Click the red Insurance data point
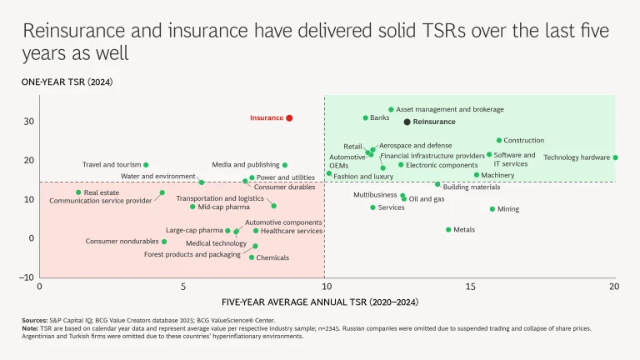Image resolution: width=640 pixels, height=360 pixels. point(289,118)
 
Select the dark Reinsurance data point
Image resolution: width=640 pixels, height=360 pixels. point(407,122)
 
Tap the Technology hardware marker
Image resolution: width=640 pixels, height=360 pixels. point(616,157)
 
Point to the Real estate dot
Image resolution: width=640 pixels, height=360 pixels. point(78,192)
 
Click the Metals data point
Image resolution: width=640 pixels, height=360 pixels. point(448,229)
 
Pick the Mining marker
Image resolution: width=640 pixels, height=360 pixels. point(492,209)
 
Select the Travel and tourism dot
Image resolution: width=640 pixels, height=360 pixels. point(146,165)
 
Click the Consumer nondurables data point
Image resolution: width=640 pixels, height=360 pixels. point(164,242)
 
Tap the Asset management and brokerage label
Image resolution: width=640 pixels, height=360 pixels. point(450,109)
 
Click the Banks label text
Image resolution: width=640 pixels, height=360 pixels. point(379,118)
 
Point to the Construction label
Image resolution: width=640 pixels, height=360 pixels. point(524,140)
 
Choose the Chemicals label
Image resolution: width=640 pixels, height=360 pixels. point(272,258)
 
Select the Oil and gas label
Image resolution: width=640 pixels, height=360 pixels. point(427,199)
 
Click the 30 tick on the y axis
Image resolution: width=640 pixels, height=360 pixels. point(28,122)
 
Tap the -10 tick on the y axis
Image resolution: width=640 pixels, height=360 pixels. point(27,277)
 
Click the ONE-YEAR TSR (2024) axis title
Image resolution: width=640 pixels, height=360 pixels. point(67,82)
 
